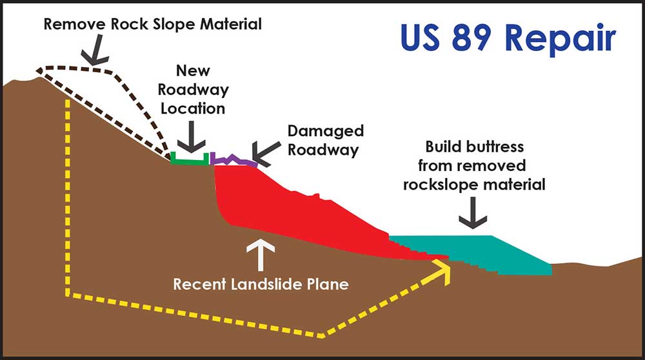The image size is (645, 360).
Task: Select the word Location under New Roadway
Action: [192, 108]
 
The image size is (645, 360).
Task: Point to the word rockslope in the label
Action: [448, 185]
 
